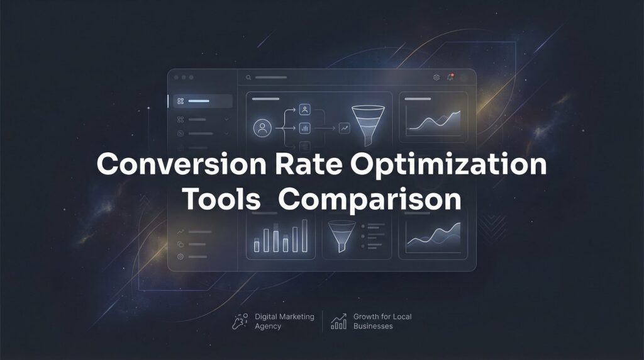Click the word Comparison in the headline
point(370,200)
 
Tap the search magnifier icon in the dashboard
point(249,77)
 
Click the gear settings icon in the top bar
point(436,77)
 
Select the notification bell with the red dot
point(450,77)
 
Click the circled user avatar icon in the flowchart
point(261,128)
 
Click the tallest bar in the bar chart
point(305,236)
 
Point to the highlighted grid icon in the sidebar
point(180,101)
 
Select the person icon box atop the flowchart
point(305,110)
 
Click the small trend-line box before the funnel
point(344,128)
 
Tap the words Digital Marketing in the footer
point(284,317)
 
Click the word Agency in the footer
point(268,327)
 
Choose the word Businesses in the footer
point(373,327)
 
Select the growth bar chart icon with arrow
point(340,322)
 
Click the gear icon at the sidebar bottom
point(180,257)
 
